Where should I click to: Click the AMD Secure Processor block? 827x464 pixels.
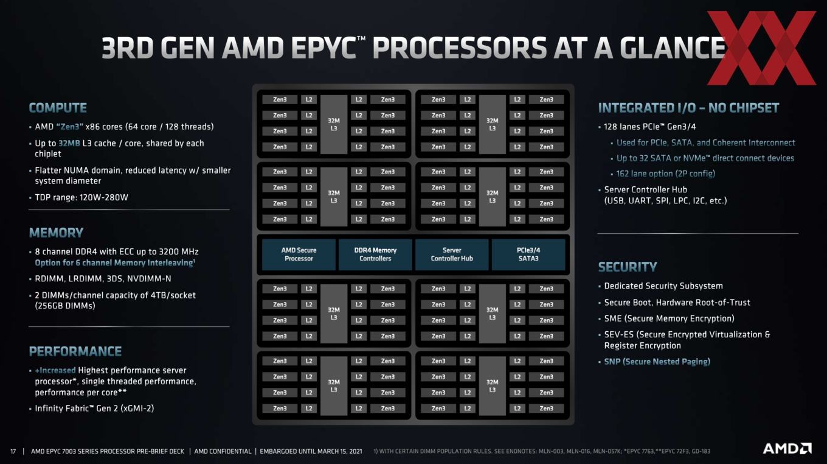click(x=299, y=255)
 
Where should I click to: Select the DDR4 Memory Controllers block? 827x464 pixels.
click(x=375, y=255)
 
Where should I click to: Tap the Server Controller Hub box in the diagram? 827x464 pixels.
click(x=452, y=255)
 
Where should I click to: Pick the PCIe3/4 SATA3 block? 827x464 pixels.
click(x=528, y=255)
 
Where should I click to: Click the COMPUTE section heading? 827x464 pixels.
click(x=58, y=108)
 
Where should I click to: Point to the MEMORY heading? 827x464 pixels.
click(x=56, y=233)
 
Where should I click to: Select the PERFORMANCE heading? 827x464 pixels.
click(x=75, y=351)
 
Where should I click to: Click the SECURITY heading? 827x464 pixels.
click(x=628, y=267)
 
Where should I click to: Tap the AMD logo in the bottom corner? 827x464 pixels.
click(x=787, y=448)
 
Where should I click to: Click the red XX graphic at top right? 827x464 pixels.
click(x=761, y=48)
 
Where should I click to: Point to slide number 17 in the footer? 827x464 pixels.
click(x=13, y=451)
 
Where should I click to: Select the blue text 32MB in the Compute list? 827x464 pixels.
click(x=69, y=144)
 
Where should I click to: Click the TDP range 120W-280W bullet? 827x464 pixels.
click(x=81, y=197)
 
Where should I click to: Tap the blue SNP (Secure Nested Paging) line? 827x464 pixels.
click(x=657, y=362)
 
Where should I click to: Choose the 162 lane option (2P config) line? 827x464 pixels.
click(x=666, y=174)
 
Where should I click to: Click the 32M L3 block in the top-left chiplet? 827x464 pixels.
click(x=334, y=124)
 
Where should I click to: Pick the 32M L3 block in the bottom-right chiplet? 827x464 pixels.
click(x=492, y=386)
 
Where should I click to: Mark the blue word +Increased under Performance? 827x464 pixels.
click(x=55, y=370)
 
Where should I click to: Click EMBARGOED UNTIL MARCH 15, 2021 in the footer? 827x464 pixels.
click(x=311, y=451)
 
